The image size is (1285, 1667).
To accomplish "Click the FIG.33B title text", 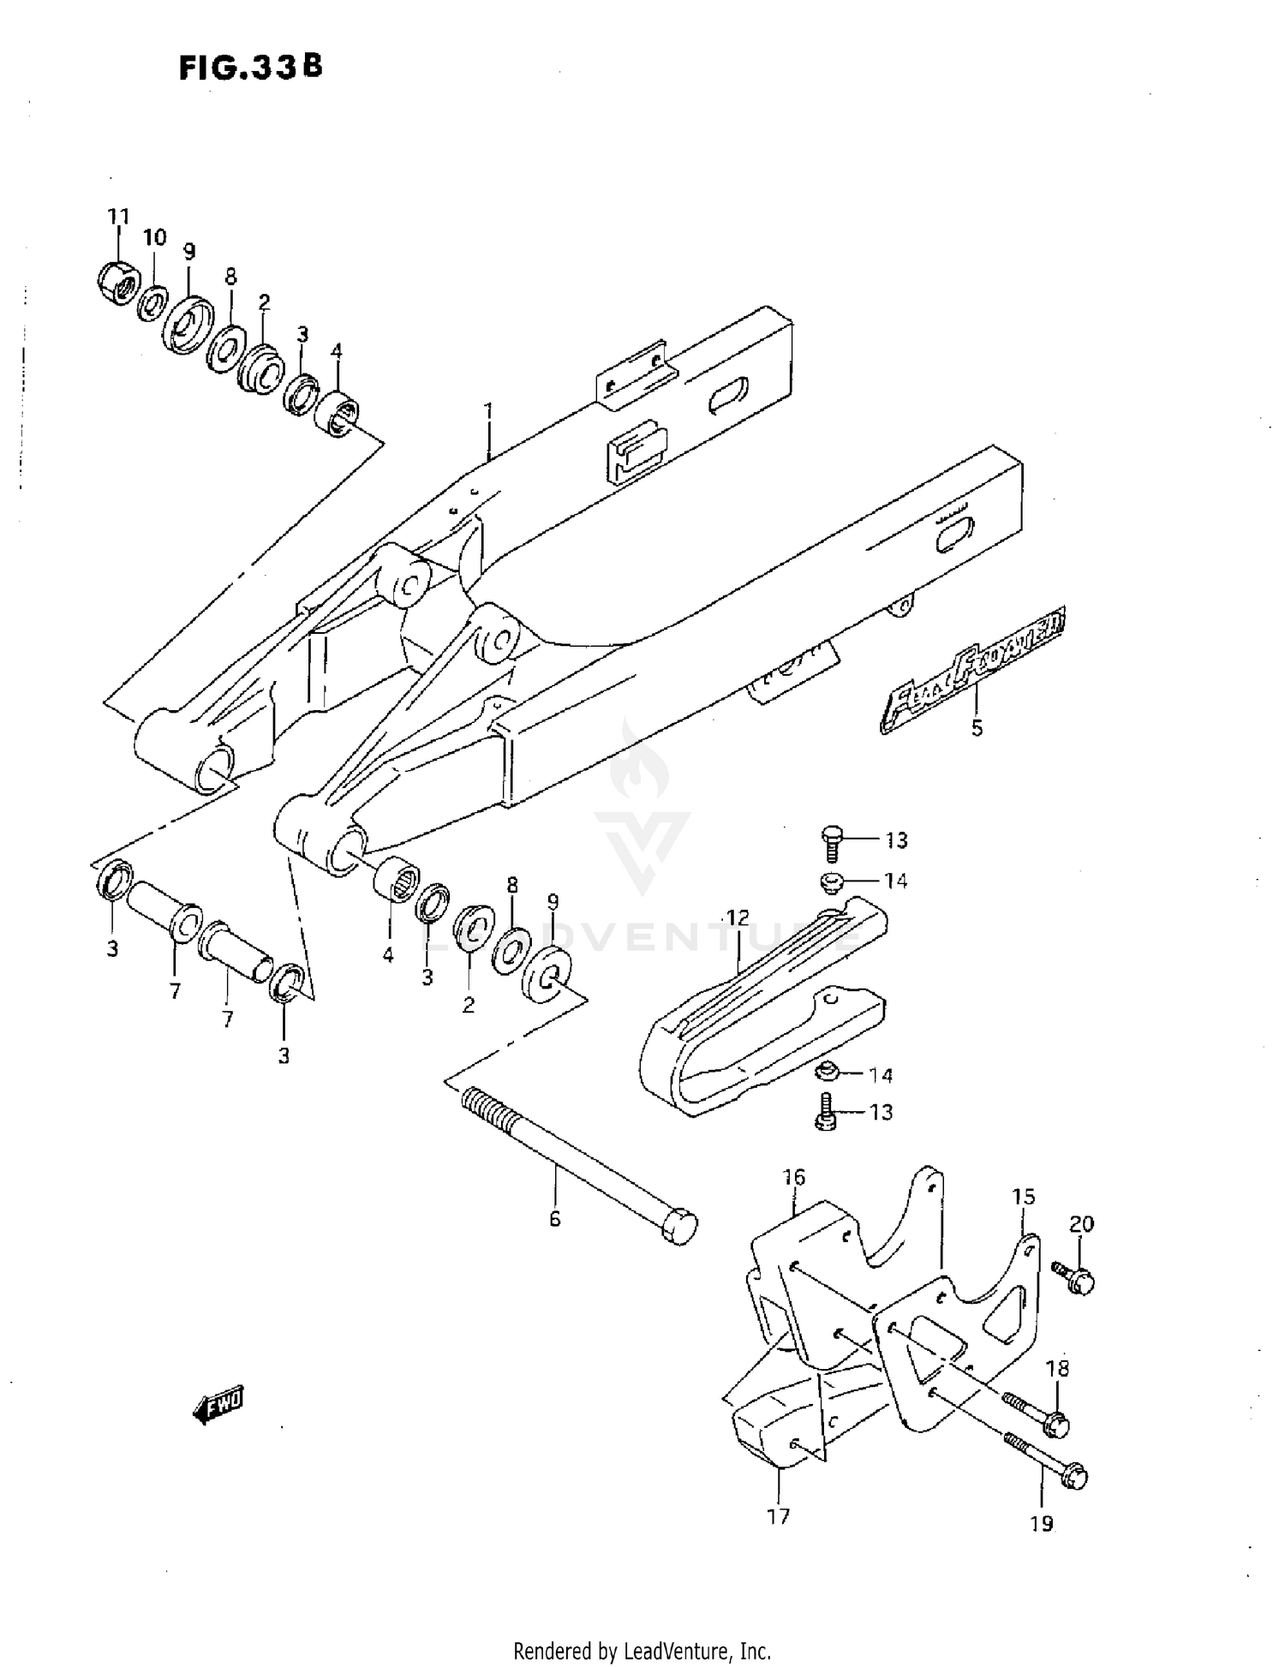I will (250, 68).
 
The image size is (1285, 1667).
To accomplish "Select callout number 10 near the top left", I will (154, 237).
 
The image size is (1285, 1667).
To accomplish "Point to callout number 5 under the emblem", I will (977, 729).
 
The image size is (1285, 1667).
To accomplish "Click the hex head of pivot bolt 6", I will (678, 1228).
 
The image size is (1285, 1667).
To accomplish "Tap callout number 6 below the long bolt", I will (555, 1218).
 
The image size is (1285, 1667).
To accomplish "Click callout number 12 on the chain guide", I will (737, 918).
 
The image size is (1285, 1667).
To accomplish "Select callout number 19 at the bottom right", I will (1041, 1524).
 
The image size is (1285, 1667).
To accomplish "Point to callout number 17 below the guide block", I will (778, 1516).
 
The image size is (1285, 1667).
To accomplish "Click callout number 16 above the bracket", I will (794, 1178).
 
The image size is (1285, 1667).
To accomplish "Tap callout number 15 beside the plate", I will (1024, 1197).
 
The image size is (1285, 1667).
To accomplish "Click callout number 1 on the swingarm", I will (488, 412).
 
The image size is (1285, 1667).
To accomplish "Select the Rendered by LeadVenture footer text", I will (642, 1651).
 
